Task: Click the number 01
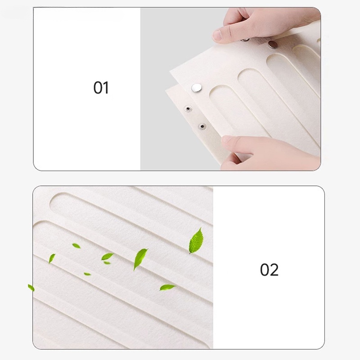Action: click(x=101, y=88)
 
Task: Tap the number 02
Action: click(x=269, y=270)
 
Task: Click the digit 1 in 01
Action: click(x=106, y=88)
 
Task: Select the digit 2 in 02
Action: click(x=274, y=270)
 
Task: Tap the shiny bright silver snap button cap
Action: click(x=197, y=88)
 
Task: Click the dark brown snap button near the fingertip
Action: click(x=272, y=45)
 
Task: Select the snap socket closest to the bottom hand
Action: click(x=202, y=126)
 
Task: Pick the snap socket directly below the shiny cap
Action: click(x=188, y=108)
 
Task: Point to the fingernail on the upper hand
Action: click(x=216, y=35)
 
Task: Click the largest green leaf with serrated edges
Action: click(x=196, y=241)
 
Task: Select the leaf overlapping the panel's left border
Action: click(x=31, y=288)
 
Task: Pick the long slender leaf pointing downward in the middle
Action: click(x=140, y=259)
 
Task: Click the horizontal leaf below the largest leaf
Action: click(x=167, y=287)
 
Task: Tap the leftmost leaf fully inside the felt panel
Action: click(x=52, y=258)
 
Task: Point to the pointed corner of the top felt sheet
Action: click(x=170, y=71)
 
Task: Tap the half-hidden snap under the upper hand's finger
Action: click(x=245, y=40)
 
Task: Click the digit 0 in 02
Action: click(x=265, y=270)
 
